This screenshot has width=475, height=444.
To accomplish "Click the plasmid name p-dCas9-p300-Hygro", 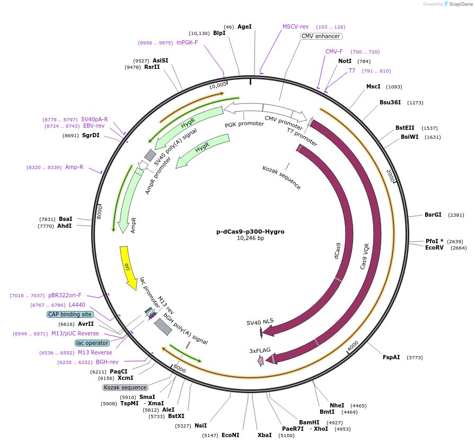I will [x=250, y=232].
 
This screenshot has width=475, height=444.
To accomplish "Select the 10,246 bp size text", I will [x=250, y=238].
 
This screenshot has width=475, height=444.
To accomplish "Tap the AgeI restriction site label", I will [x=244, y=26].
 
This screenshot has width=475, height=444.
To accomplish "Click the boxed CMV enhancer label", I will [x=321, y=36].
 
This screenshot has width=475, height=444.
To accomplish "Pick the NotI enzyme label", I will [x=345, y=61].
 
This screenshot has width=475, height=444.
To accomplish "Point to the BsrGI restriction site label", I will [x=433, y=215].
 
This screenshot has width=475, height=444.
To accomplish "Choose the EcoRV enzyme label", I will [x=434, y=247].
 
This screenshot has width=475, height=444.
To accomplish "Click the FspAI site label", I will [x=391, y=357].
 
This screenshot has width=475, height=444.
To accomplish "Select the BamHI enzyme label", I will [x=309, y=422].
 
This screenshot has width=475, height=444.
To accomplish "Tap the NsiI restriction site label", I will [x=200, y=425].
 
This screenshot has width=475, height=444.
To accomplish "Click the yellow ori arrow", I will [x=127, y=267].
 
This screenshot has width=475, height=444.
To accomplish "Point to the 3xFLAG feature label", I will [x=260, y=351].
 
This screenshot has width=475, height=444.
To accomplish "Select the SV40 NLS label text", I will [x=260, y=322].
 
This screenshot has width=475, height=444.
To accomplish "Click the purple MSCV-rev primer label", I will [x=295, y=26].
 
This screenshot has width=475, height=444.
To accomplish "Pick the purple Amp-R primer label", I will [x=74, y=167].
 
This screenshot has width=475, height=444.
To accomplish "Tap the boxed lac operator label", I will [x=92, y=343].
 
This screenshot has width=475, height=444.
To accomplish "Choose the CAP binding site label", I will [x=70, y=314].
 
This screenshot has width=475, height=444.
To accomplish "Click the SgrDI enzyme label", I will [x=91, y=135].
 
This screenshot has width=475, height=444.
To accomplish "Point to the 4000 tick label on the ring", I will [x=353, y=345].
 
